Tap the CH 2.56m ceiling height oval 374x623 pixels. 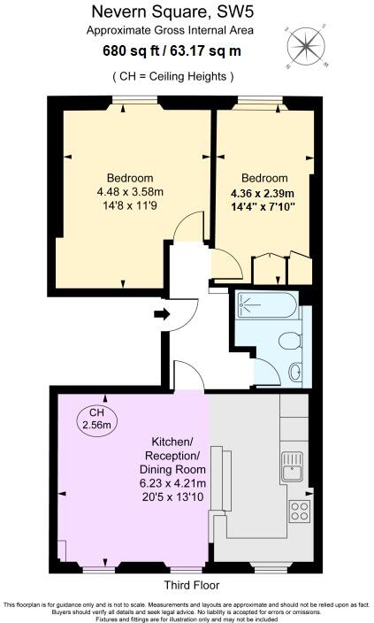point(97,419)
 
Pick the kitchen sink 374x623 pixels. point(293,465)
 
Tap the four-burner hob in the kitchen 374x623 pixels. point(298,511)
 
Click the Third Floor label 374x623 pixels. point(192,586)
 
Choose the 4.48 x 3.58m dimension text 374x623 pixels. point(130,189)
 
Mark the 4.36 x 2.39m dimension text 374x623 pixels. point(263,194)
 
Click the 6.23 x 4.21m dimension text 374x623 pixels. point(172,483)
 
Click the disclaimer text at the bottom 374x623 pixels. point(187,610)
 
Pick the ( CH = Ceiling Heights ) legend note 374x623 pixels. point(173,77)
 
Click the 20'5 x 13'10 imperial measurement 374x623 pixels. point(172,497)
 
